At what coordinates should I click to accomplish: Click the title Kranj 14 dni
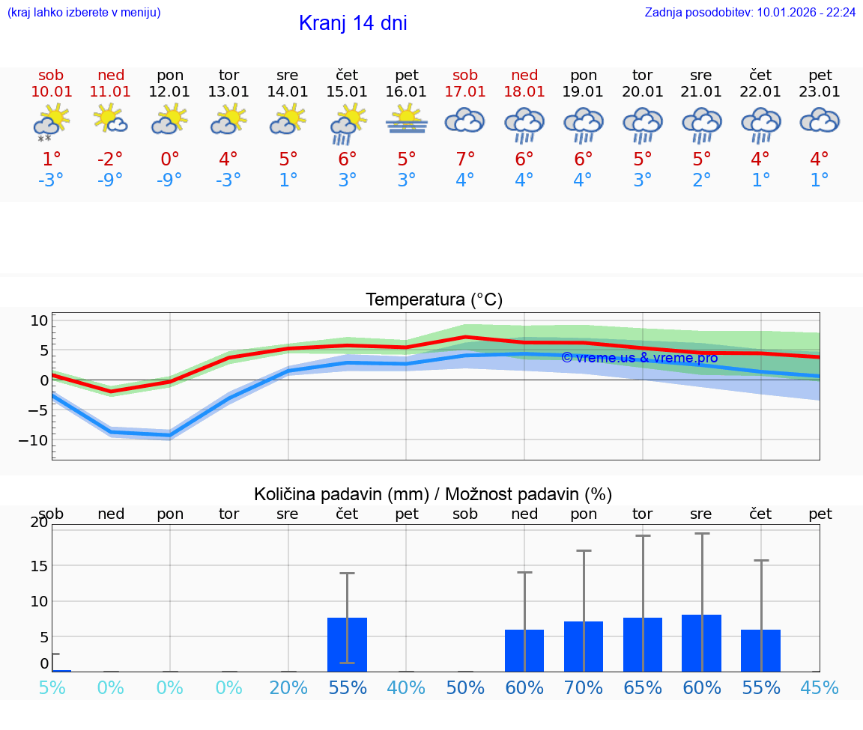[x=353, y=23]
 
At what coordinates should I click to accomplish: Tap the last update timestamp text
[x=750, y=12]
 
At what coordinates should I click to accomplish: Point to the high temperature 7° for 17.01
[x=465, y=159]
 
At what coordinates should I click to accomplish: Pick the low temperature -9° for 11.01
[x=110, y=180]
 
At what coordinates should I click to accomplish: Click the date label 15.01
[x=347, y=92]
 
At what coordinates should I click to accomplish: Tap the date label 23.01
[x=820, y=92]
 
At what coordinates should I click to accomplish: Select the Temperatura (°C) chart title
[x=434, y=300]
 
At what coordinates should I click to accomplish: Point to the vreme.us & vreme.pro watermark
[x=639, y=358]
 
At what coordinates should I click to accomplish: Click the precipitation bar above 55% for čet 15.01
[x=347, y=645]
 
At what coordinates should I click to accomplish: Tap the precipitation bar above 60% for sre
[x=701, y=643]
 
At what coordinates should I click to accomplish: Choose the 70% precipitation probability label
[x=584, y=688]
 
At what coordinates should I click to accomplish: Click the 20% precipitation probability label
[x=288, y=688]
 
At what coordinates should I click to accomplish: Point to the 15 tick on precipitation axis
[x=38, y=565]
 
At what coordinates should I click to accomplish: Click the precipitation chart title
[x=433, y=494]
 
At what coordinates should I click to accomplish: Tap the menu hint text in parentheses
[x=84, y=12]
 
